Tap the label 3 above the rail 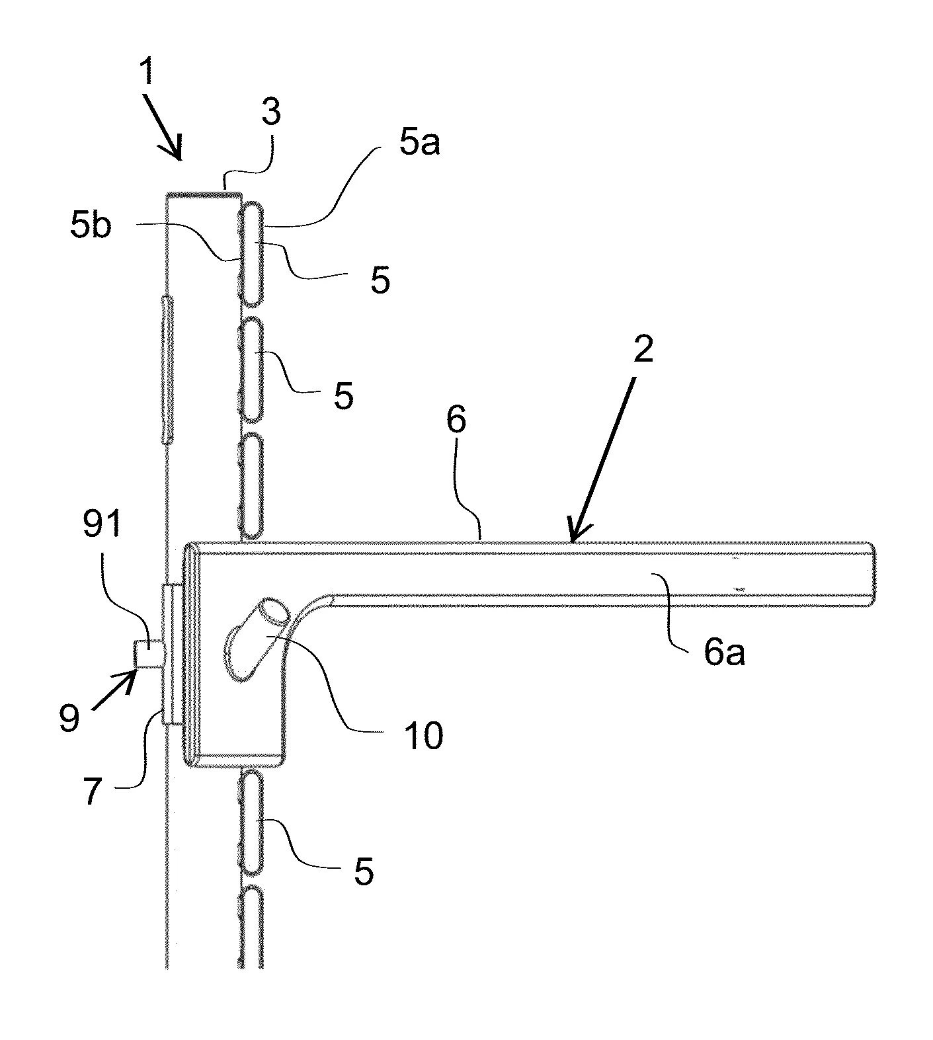tap(271, 112)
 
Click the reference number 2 tap(642, 348)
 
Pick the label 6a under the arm tap(723, 653)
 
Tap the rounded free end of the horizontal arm tap(871, 572)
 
